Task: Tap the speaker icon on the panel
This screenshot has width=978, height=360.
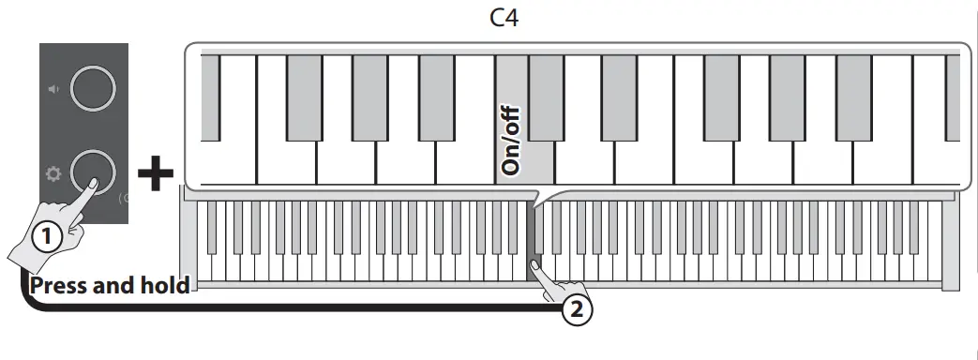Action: pyautogui.click(x=53, y=89)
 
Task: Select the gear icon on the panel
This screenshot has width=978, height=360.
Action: pyautogui.click(x=53, y=172)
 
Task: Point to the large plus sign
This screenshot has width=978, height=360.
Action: pyautogui.click(x=156, y=175)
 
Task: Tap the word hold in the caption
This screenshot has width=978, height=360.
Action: pyautogui.click(x=163, y=285)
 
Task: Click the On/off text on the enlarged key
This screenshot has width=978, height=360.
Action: pyautogui.click(x=511, y=141)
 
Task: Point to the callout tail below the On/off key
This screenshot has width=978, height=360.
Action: pyautogui.click(x=534, y=197)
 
